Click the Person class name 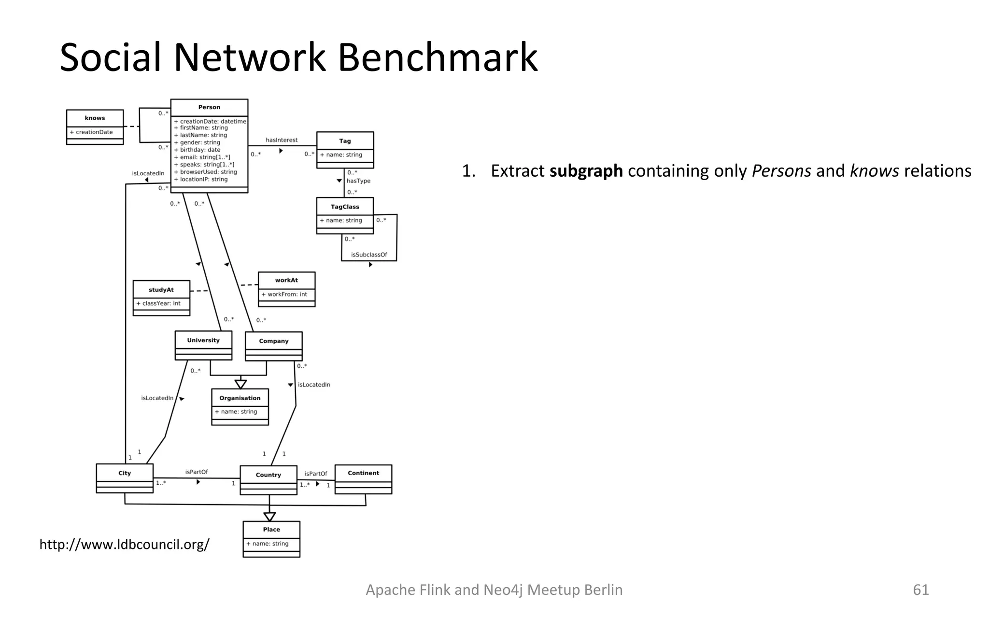coord(209,107)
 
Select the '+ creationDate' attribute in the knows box coord(94,132)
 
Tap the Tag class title coord(345,141)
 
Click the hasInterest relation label coord(282,140)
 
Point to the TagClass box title coord(345,207)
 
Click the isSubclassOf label coord(369,254)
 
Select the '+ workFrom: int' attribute coord(284,294)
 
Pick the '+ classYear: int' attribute coord(158,303)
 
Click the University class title coord(203,340)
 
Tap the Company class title coord(273,341)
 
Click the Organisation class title coord(240,398)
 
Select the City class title coord(125,473)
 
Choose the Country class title coord(268,475)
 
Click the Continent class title coord(363,473)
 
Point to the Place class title coord(271,529)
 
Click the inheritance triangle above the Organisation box coord(240,384)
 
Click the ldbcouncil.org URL coord(124,544)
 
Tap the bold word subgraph coord(586,171)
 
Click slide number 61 coord(920,590)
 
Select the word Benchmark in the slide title coord(437,57)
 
